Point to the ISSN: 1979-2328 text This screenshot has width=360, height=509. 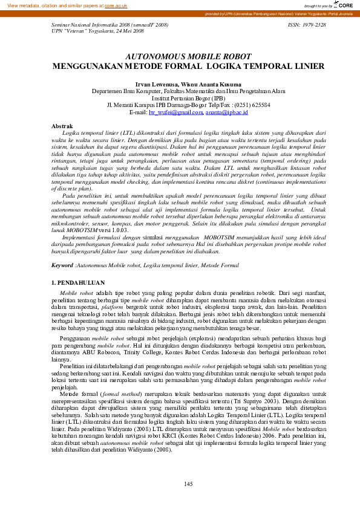click(307, 25)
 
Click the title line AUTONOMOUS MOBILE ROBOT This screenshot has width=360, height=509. click(180, 56)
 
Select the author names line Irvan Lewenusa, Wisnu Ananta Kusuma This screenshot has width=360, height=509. click(180, 84)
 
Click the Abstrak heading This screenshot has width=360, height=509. click(64, 126)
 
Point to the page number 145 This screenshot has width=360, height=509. click(188, 483)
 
